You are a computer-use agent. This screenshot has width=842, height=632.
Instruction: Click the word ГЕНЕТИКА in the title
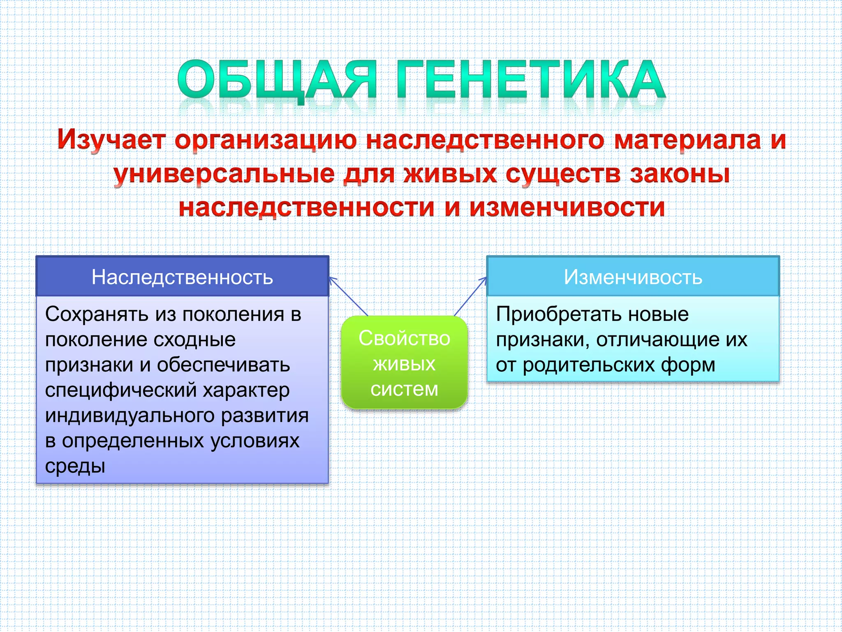tap(531, 79)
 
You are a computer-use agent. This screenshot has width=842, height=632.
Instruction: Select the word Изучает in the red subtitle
tap(111, 140)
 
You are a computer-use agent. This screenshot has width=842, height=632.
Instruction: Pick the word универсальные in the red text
tap(224, 174)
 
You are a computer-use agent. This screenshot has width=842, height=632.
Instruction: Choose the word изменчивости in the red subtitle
tap(567, 207)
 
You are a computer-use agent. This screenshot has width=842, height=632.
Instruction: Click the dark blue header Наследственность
tap(183, 276)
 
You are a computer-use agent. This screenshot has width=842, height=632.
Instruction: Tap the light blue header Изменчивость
tap(633, 276)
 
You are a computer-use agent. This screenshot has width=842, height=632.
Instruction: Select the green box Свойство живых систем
tap(405, 362)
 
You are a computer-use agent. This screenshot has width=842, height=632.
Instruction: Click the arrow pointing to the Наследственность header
tap(349, 297)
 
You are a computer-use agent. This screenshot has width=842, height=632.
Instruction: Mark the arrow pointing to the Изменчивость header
tap(471, 297)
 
